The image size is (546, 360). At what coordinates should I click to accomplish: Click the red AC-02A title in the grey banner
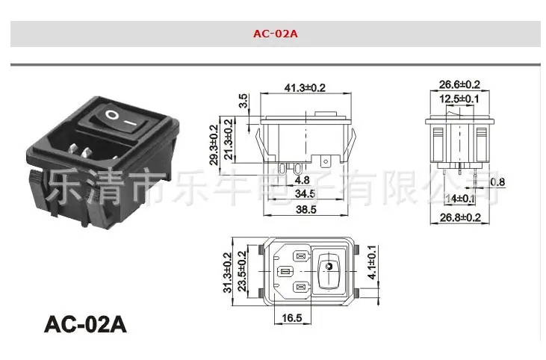(x=276, y=34)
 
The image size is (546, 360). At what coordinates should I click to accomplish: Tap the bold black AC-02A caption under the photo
(x=85, y=324)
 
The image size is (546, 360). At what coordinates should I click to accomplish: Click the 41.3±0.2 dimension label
(x=305, y=87)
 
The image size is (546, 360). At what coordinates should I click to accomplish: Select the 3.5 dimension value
(x=243, y=101)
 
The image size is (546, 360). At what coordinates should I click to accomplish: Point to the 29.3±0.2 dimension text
(x=214, y=144)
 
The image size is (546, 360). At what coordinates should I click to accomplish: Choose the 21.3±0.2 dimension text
(x=228, y=139)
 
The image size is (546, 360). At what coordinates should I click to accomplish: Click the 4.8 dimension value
(x=302, y=180)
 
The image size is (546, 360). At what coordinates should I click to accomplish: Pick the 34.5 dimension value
(x=305, y=193)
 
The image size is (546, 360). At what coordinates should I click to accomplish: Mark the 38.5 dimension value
(x=306, y=209)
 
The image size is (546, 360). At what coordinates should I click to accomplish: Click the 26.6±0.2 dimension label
(x=459, y=84)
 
